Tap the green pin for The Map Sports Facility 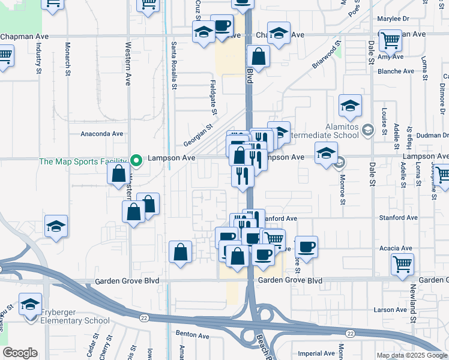(x=136, y=160)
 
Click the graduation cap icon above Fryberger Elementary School (x=30, y=304)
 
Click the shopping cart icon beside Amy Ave (x=391, y=41)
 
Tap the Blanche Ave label (x=396, y=71)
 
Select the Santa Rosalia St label (x=174, y=66)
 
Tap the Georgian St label (x=199, y=136)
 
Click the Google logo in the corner (x=20, y=353)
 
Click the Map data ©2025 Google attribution (x=411, y=355)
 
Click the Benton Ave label (x=191, y=332)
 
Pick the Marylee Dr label (x=393, y=19)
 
